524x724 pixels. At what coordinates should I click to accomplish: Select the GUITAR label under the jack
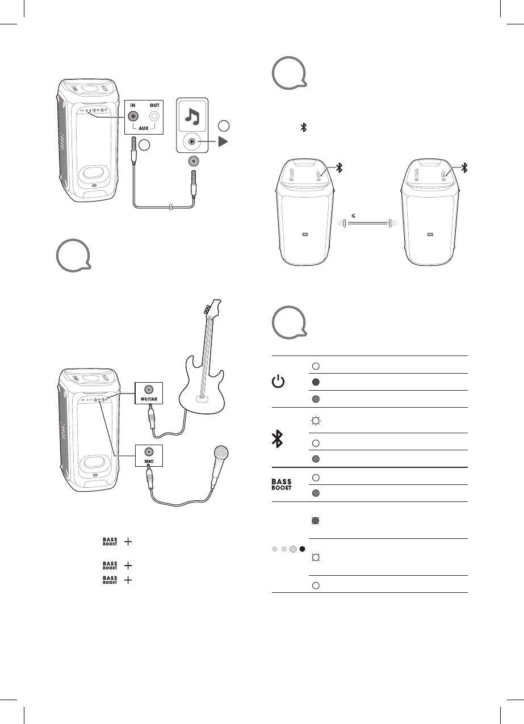click(148, 400)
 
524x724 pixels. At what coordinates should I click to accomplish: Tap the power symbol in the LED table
click(278, 382)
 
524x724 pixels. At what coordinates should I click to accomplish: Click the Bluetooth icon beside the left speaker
click(339, 167)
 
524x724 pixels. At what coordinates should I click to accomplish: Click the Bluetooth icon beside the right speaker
click(464, 167)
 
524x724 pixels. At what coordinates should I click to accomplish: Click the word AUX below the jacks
click(143, 128)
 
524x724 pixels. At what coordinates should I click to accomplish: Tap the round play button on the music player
click(192, 141)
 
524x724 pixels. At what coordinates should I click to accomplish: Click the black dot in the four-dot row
click(302, 549)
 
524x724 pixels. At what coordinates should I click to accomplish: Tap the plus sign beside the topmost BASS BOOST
click(128, 542)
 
